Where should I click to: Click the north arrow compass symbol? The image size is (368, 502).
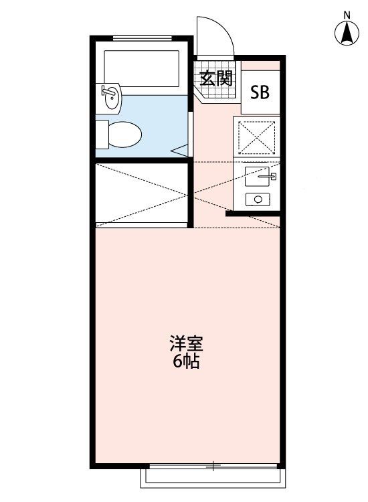[347, 33]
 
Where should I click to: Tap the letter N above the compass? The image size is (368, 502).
[347, 14]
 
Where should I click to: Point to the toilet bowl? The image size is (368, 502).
[124, 134]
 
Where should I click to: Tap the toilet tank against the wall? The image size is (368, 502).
[101, 134]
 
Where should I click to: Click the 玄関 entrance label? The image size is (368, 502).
[215, 78]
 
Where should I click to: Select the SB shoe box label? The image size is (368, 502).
[260, 92]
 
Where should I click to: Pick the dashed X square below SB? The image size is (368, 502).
[258, 137]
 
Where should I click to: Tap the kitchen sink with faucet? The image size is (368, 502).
[260, 177]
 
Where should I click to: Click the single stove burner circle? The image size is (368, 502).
[258, 199]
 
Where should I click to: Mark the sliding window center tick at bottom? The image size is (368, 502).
[213, 465]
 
